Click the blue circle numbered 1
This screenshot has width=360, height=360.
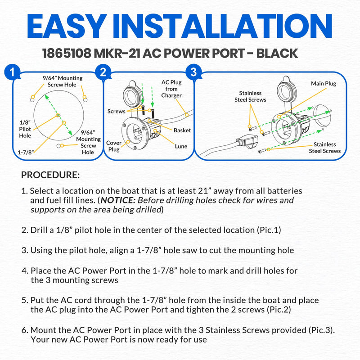tap(13, 72)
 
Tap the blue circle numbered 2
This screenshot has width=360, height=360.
tap(103, 72)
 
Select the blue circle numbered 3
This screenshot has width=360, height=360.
tap(193, 72)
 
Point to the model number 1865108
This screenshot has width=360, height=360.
tap(67, 54)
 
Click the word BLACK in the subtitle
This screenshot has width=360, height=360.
tap(277, 54)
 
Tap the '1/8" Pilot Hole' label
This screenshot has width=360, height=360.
tap(25, 129)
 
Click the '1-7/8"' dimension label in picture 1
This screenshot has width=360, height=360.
tap(26, 152)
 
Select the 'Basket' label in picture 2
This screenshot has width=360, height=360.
tap(182, 130)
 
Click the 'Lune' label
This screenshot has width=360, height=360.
tap(181, 146)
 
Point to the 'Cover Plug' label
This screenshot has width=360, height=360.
tap(114, 146)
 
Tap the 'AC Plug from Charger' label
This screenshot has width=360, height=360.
tap(171, 89)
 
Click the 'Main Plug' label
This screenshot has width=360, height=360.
tap(324, 84)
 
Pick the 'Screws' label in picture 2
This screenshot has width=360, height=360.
tap(117, 111)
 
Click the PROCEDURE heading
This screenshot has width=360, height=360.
tap(50, 175)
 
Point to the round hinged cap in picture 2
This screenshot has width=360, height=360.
tap(132, 93)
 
